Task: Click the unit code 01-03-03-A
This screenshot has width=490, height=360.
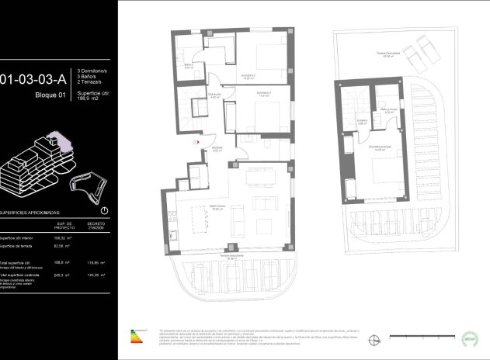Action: coord(37,78)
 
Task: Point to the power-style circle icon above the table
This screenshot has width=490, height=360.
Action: coord(104,210)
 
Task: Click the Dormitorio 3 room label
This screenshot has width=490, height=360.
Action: coord(249,77)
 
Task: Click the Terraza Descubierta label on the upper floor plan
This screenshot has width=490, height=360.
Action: coord(389,53)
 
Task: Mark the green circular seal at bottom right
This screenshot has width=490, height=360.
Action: coord(469,338)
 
